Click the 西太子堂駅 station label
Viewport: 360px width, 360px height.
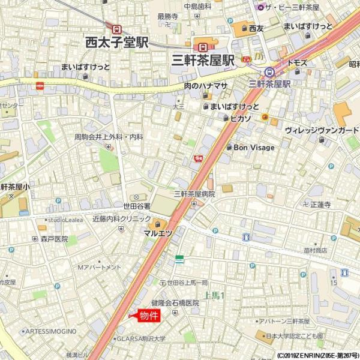point(116,43)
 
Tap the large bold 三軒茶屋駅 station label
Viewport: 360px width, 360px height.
point(202,60)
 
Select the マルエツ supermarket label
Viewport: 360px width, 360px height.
point(158,232)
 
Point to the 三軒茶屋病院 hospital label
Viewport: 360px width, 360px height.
point(194,194)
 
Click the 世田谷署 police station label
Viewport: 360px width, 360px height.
point(137,206)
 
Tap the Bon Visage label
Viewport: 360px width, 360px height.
point(254,148)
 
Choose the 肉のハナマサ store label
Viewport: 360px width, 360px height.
point(206,86)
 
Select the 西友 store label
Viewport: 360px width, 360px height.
point(256,28)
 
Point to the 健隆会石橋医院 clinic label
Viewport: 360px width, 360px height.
point(175,303)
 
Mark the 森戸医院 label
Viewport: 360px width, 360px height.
point(55,239)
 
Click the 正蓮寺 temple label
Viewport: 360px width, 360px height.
point(320,205)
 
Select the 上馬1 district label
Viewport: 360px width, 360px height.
point(214,295)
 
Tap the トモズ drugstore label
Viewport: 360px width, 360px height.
point(298,62)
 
